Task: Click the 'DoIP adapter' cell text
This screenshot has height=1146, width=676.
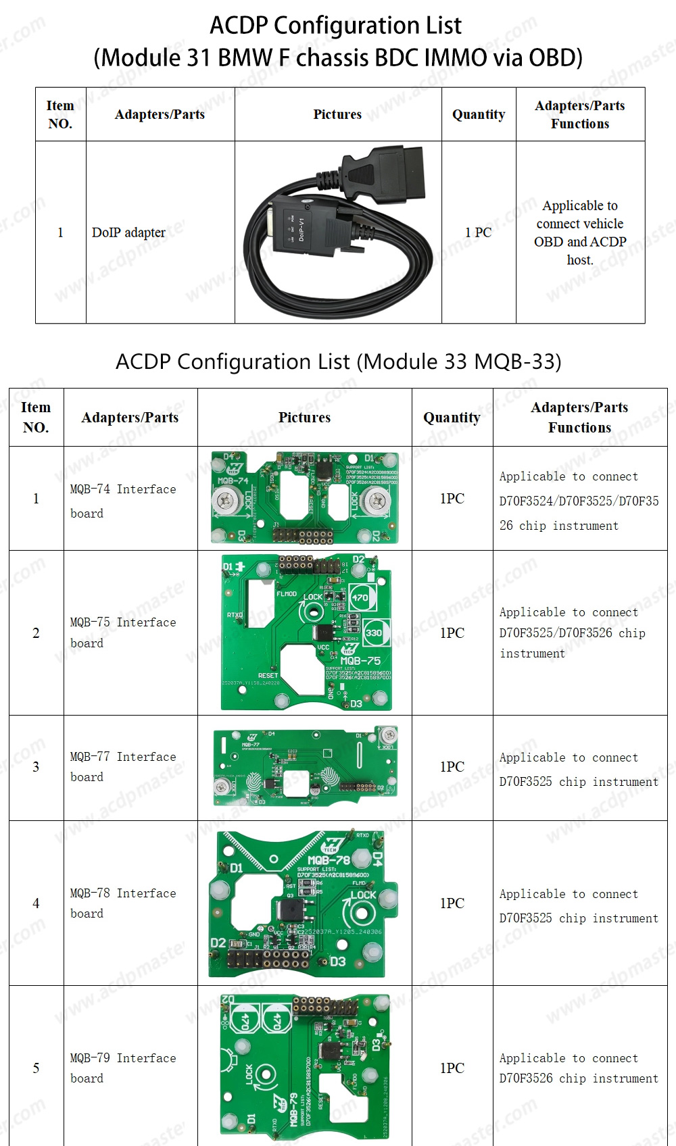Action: pos(128,232)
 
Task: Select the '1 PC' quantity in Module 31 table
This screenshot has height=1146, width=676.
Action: pos(478,232)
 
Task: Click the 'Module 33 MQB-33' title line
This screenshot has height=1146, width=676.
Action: pos(338,362)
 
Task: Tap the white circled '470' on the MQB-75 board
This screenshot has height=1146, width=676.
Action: pos(360,597)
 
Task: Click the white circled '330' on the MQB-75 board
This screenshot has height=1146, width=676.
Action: pos(373,633)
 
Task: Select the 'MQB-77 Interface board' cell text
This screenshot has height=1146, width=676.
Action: pos(123,766)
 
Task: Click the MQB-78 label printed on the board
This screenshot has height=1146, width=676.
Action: pos(329,860)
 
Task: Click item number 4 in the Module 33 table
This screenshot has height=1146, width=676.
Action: pos(36,903)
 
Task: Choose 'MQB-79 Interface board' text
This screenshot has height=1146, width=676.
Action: pos(123,1068)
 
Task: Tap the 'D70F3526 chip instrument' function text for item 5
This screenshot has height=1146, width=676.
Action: pos(579,1078)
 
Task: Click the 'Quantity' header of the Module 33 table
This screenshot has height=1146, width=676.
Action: pos(452,418)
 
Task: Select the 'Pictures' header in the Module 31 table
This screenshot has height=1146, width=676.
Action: pos(337,114)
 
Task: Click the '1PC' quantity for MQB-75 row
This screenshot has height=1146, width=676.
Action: pos(452,633)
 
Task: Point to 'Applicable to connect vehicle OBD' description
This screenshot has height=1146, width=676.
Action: pos(580,232)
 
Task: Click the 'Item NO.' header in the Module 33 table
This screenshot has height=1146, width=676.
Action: pos(36,417)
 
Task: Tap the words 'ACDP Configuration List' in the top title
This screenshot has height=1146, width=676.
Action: pos(336,26)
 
